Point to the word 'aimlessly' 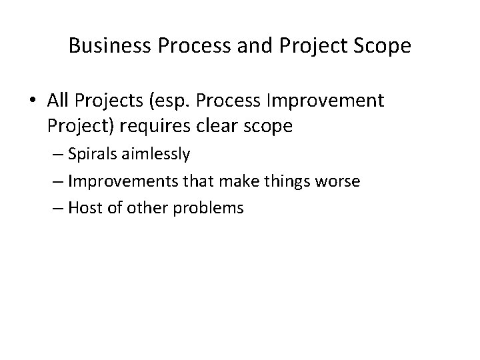click(160, 155)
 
